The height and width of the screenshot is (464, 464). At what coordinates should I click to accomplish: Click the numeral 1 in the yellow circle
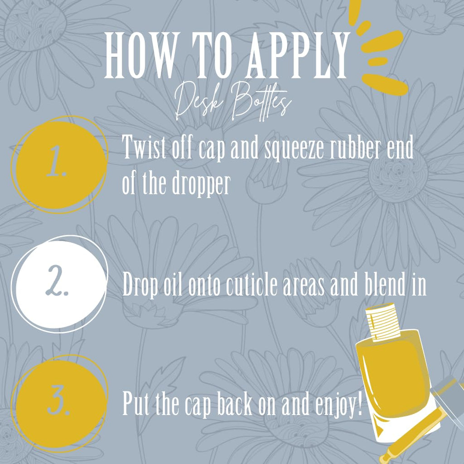pyautogui.click(x=56, y=162)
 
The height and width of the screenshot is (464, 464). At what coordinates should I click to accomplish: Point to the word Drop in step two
pyautogui.click(x=140, y=285)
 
